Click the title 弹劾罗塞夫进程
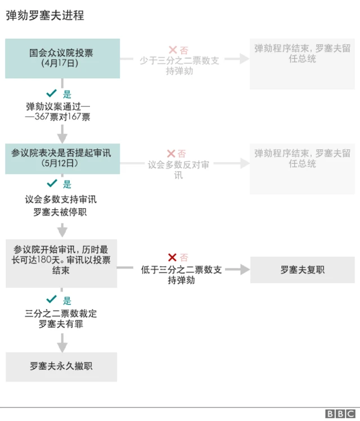coord(45,16)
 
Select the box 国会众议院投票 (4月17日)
coord(62,58)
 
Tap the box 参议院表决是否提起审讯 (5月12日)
coord(62,158)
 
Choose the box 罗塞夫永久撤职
coord(61,366)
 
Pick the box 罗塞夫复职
coord(302,270)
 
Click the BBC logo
coord(340,414)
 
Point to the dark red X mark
coord(172,258)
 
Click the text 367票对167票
coord(62,117)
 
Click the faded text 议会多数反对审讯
coord(178,169)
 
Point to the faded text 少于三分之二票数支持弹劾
coord(179,66)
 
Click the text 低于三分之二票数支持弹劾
coord(181,275)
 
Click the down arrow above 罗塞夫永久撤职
coord(62,342)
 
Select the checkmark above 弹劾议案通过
coord(52,93)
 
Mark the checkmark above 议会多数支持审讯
coord(52,183)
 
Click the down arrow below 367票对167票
coord(62,134)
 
